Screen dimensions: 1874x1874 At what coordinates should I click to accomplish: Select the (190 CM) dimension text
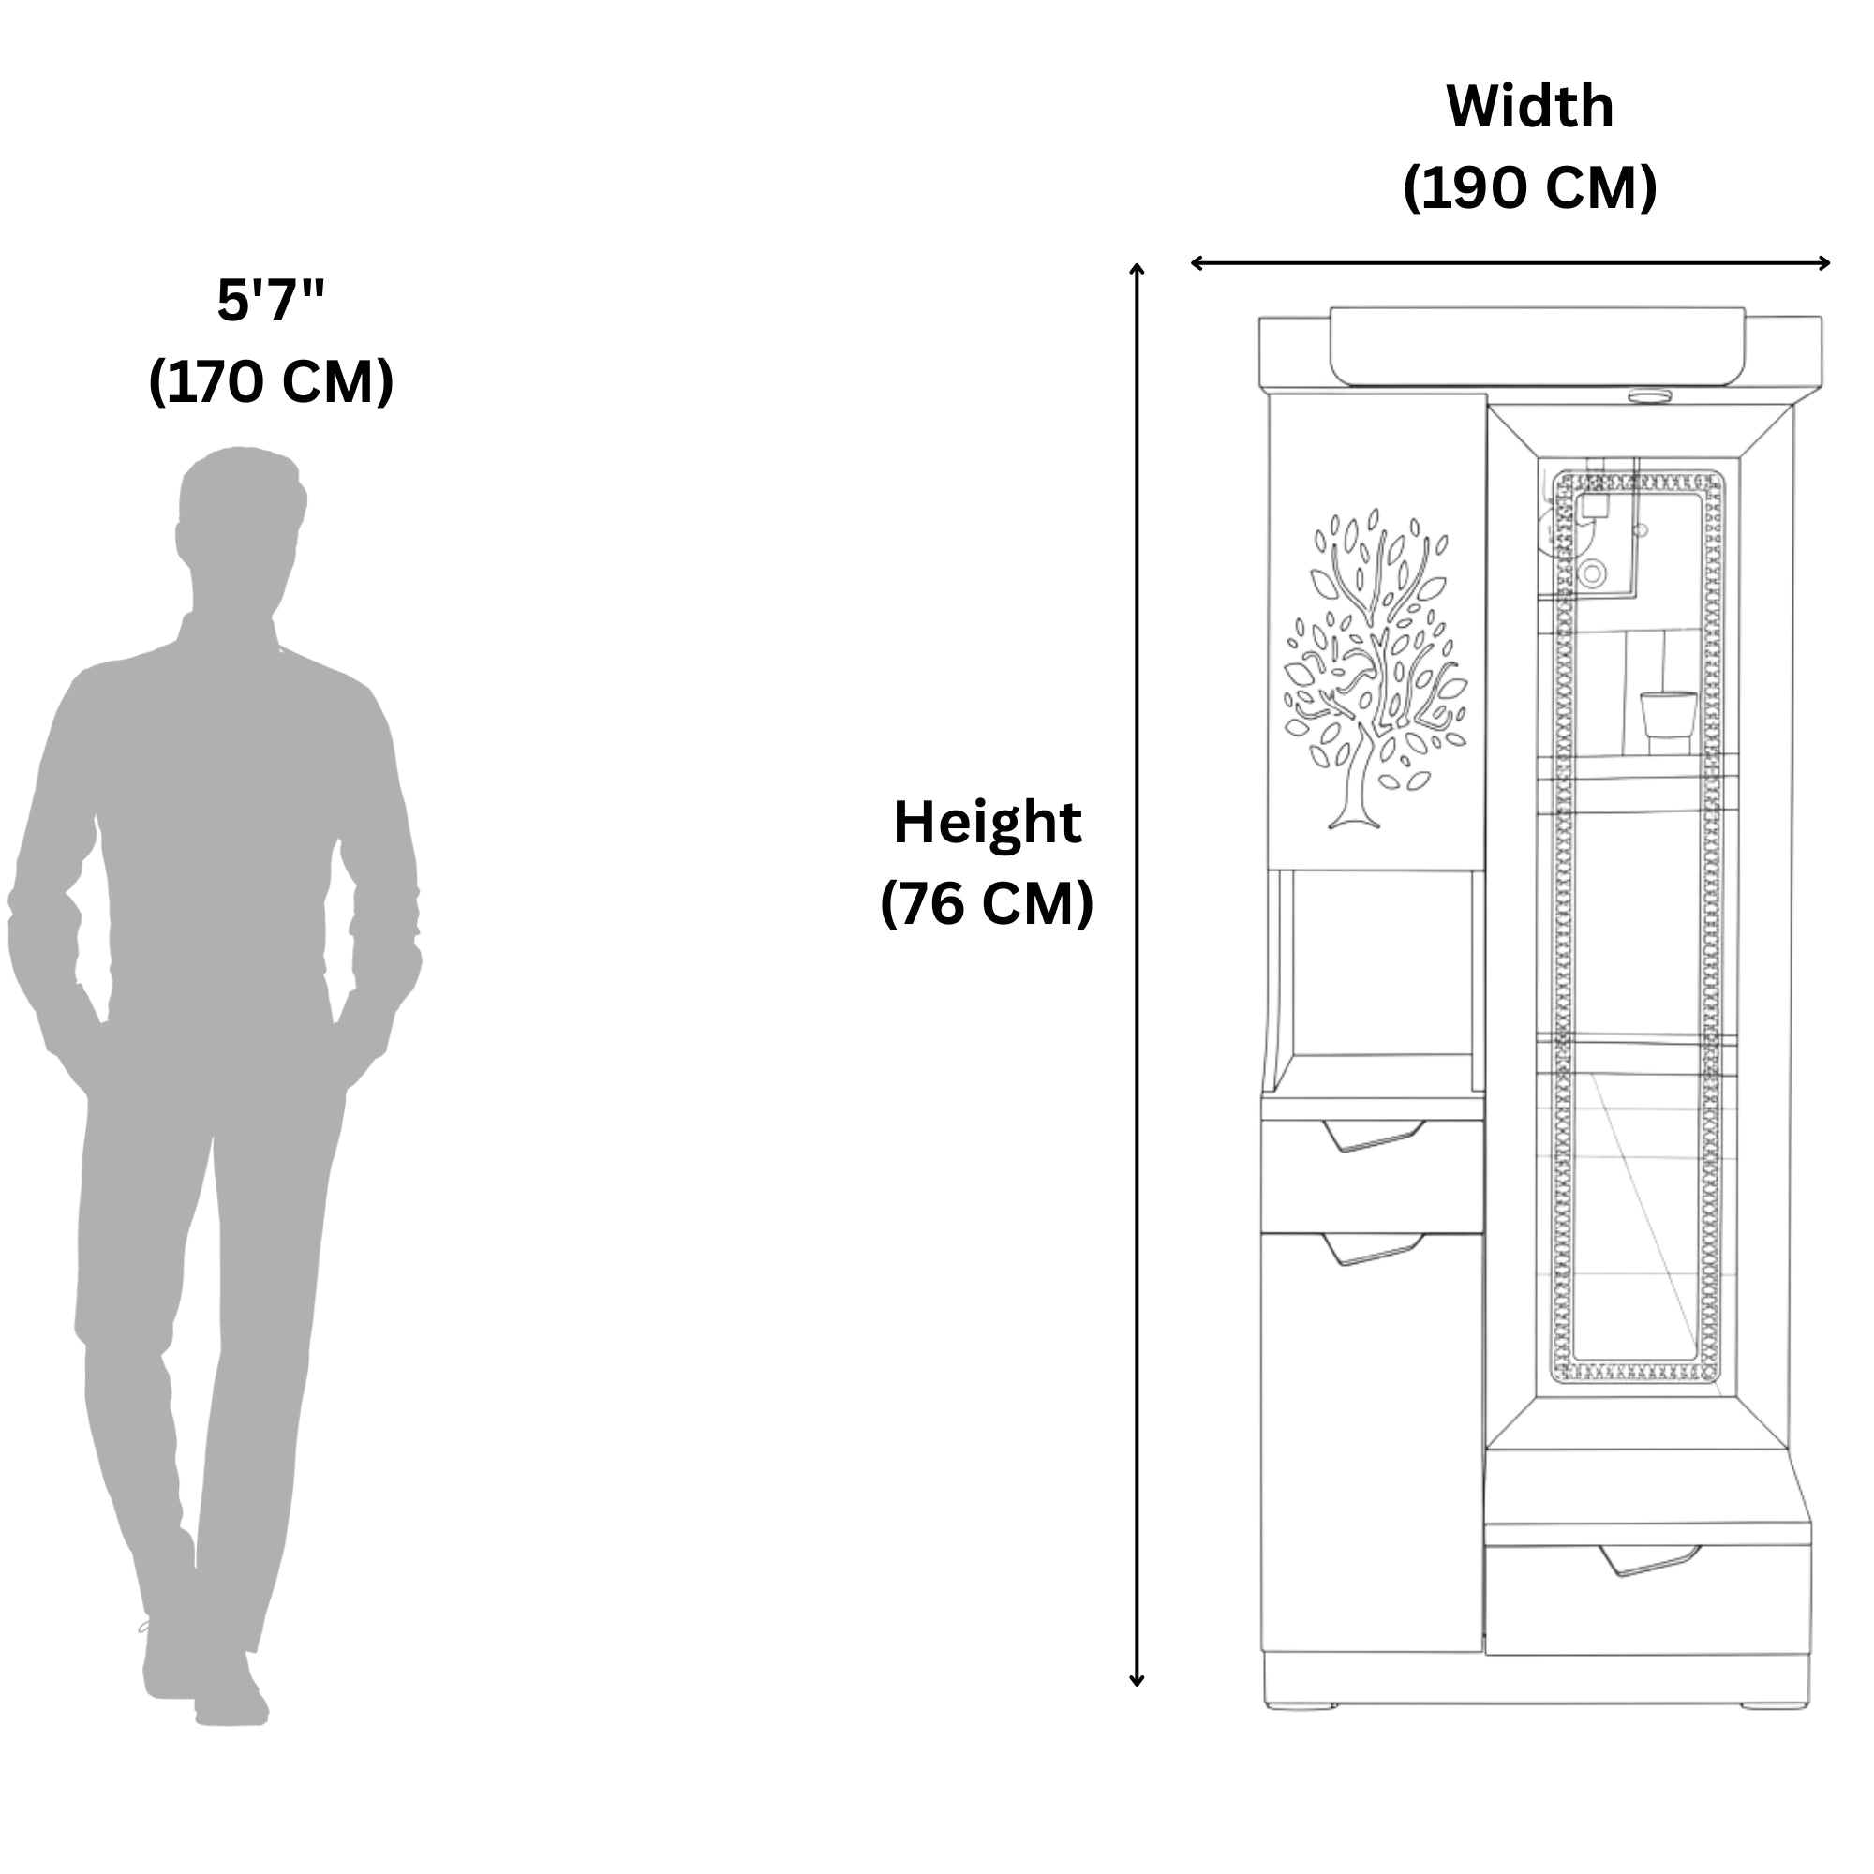pyautogui.click(x=1530, y=187)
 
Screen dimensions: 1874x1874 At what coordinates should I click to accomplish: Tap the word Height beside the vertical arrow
pyautogui.click(x=987, y=823)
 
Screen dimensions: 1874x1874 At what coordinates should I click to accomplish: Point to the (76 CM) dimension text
pyautogui.click(x=987, y=903)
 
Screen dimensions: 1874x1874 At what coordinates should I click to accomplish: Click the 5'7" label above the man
pyautogui.click(x=271, y=300)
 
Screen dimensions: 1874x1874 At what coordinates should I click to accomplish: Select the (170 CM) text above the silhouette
pyautogui.click(x=271, y=381)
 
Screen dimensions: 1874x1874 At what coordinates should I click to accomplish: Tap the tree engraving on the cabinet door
pyautogui.click(x=1376, y=669)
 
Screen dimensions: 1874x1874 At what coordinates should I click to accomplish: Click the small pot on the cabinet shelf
pyautogui.click(x=1669, y=721)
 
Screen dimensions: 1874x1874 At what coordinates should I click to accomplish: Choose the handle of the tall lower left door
pyautogui.click(x=1374, y=1248)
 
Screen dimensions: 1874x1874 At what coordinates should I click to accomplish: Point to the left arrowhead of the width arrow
pyautogui.click(x=1196, y=263)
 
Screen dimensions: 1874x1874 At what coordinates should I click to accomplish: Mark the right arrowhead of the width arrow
pyautogui.click(x=1824, y=263)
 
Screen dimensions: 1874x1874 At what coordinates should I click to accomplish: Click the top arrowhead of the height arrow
pyautogui.click(x=1137, y=268)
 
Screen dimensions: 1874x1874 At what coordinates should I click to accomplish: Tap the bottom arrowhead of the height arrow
pyautogui.click(x=1137, y=1681)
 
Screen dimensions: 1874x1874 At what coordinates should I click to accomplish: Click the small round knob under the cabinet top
pyautogui.click(x=1649, y=395)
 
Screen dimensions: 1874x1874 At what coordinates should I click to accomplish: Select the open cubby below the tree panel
pyautogui.click(x=1376, y=980)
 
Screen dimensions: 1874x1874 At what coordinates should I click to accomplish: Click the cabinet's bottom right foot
pyautogui.click(x=1774, y=1705)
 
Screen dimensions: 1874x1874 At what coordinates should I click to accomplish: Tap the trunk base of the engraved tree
pyautogui.click(x=1354, y=823)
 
